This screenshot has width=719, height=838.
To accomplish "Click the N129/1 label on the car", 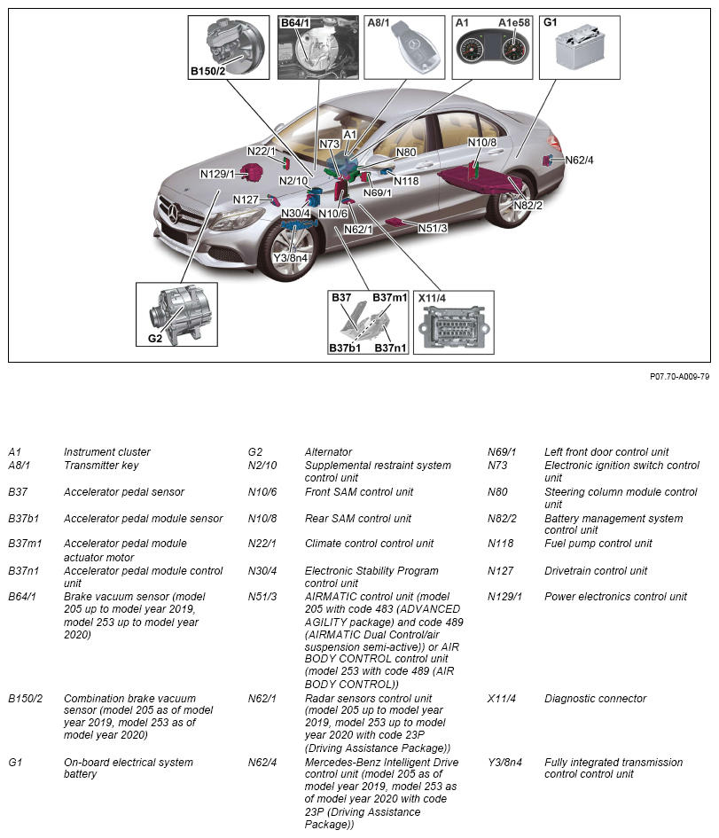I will click(x=217, y=174).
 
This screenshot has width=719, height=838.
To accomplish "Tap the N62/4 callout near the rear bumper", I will click(x=579, y=161).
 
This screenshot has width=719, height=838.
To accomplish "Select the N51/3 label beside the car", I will click(x=432, y=228).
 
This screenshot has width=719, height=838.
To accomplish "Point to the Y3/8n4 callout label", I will click(x=290, y=258).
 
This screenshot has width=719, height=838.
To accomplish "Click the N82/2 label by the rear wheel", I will click(x=527, y=205).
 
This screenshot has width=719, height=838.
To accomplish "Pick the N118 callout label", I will click(x=406, y=181).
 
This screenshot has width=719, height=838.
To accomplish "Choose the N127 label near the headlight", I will click(x=246, y=200).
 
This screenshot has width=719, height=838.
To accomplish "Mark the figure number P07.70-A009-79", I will click(x=679, y=376).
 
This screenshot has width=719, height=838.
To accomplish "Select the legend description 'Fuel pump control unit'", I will click(x=598, y=544).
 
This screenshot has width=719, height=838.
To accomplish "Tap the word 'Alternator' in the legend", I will click(x=328, y=452).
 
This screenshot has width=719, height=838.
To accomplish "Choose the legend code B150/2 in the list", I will click(x=26, y=699).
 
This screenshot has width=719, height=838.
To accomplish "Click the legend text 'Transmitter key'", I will click(x=101, y=466).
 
